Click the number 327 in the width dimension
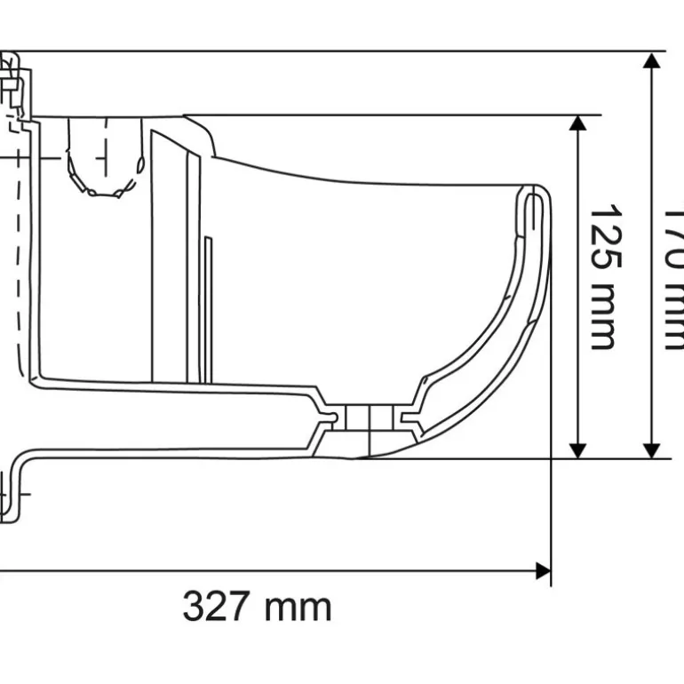coord(216,608)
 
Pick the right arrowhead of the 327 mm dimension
coord(543,570)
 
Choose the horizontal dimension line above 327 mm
coord(266,570)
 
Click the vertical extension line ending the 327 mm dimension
coord(551,515)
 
